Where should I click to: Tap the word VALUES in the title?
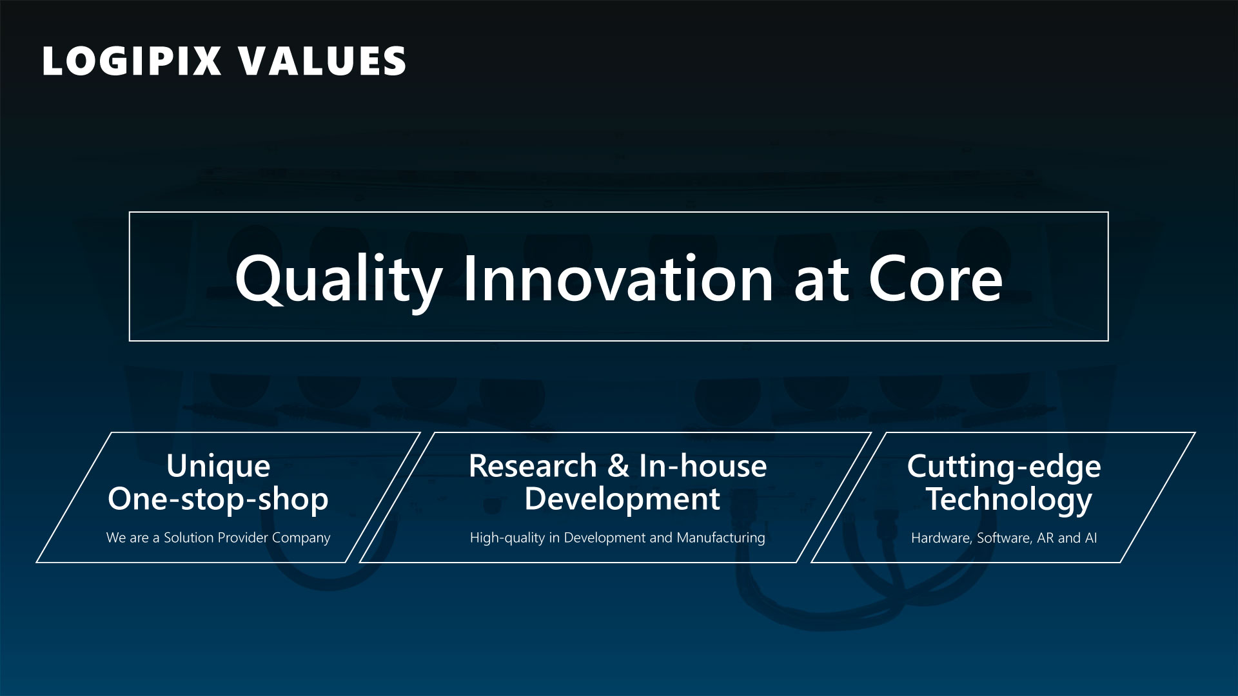(x=322, y=61)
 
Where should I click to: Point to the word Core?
(x=936, y=278)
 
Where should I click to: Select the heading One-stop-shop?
(x=218, y=499)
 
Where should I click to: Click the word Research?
(x=533, y=466)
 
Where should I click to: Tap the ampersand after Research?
(x=618, y=466)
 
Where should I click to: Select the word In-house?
(x=703, y=466)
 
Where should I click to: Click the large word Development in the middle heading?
(x=622, y=499)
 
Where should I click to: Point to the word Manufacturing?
(x=721, y=538)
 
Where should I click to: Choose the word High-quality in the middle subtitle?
(x=507, y=538)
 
